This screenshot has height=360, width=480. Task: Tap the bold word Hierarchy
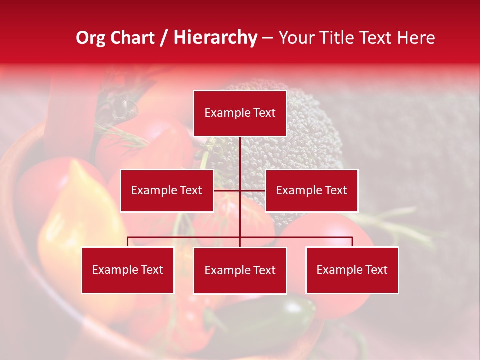pyautogui.click(x=215, y=38)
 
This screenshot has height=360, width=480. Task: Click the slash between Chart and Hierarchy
pyautogui.click(x=164, y=38)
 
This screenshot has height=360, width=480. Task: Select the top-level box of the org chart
pyautogui.click(x=240, y=113)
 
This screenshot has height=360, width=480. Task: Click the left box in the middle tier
pyautogui.click(x=167, y=190)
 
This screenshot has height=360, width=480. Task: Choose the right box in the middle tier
pyautogui.click(x=311, y=190)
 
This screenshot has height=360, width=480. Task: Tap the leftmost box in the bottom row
pyautogui.click(x=128, y=270)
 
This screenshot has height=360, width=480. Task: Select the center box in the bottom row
pyautogui.click(x=240, y=271)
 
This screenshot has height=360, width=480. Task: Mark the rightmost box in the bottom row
pyautogui.click(x=352, y=270)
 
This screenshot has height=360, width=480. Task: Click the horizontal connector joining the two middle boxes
pyautogui.click(x=252, y=190)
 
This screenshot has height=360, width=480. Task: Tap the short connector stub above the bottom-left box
pyautogui.click(x=128, y=242)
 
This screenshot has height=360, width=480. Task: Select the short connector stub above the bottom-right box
pyautogui.click(x=352, y=242)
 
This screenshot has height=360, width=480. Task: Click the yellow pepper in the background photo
pyautogui.click(x=75, y=220)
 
